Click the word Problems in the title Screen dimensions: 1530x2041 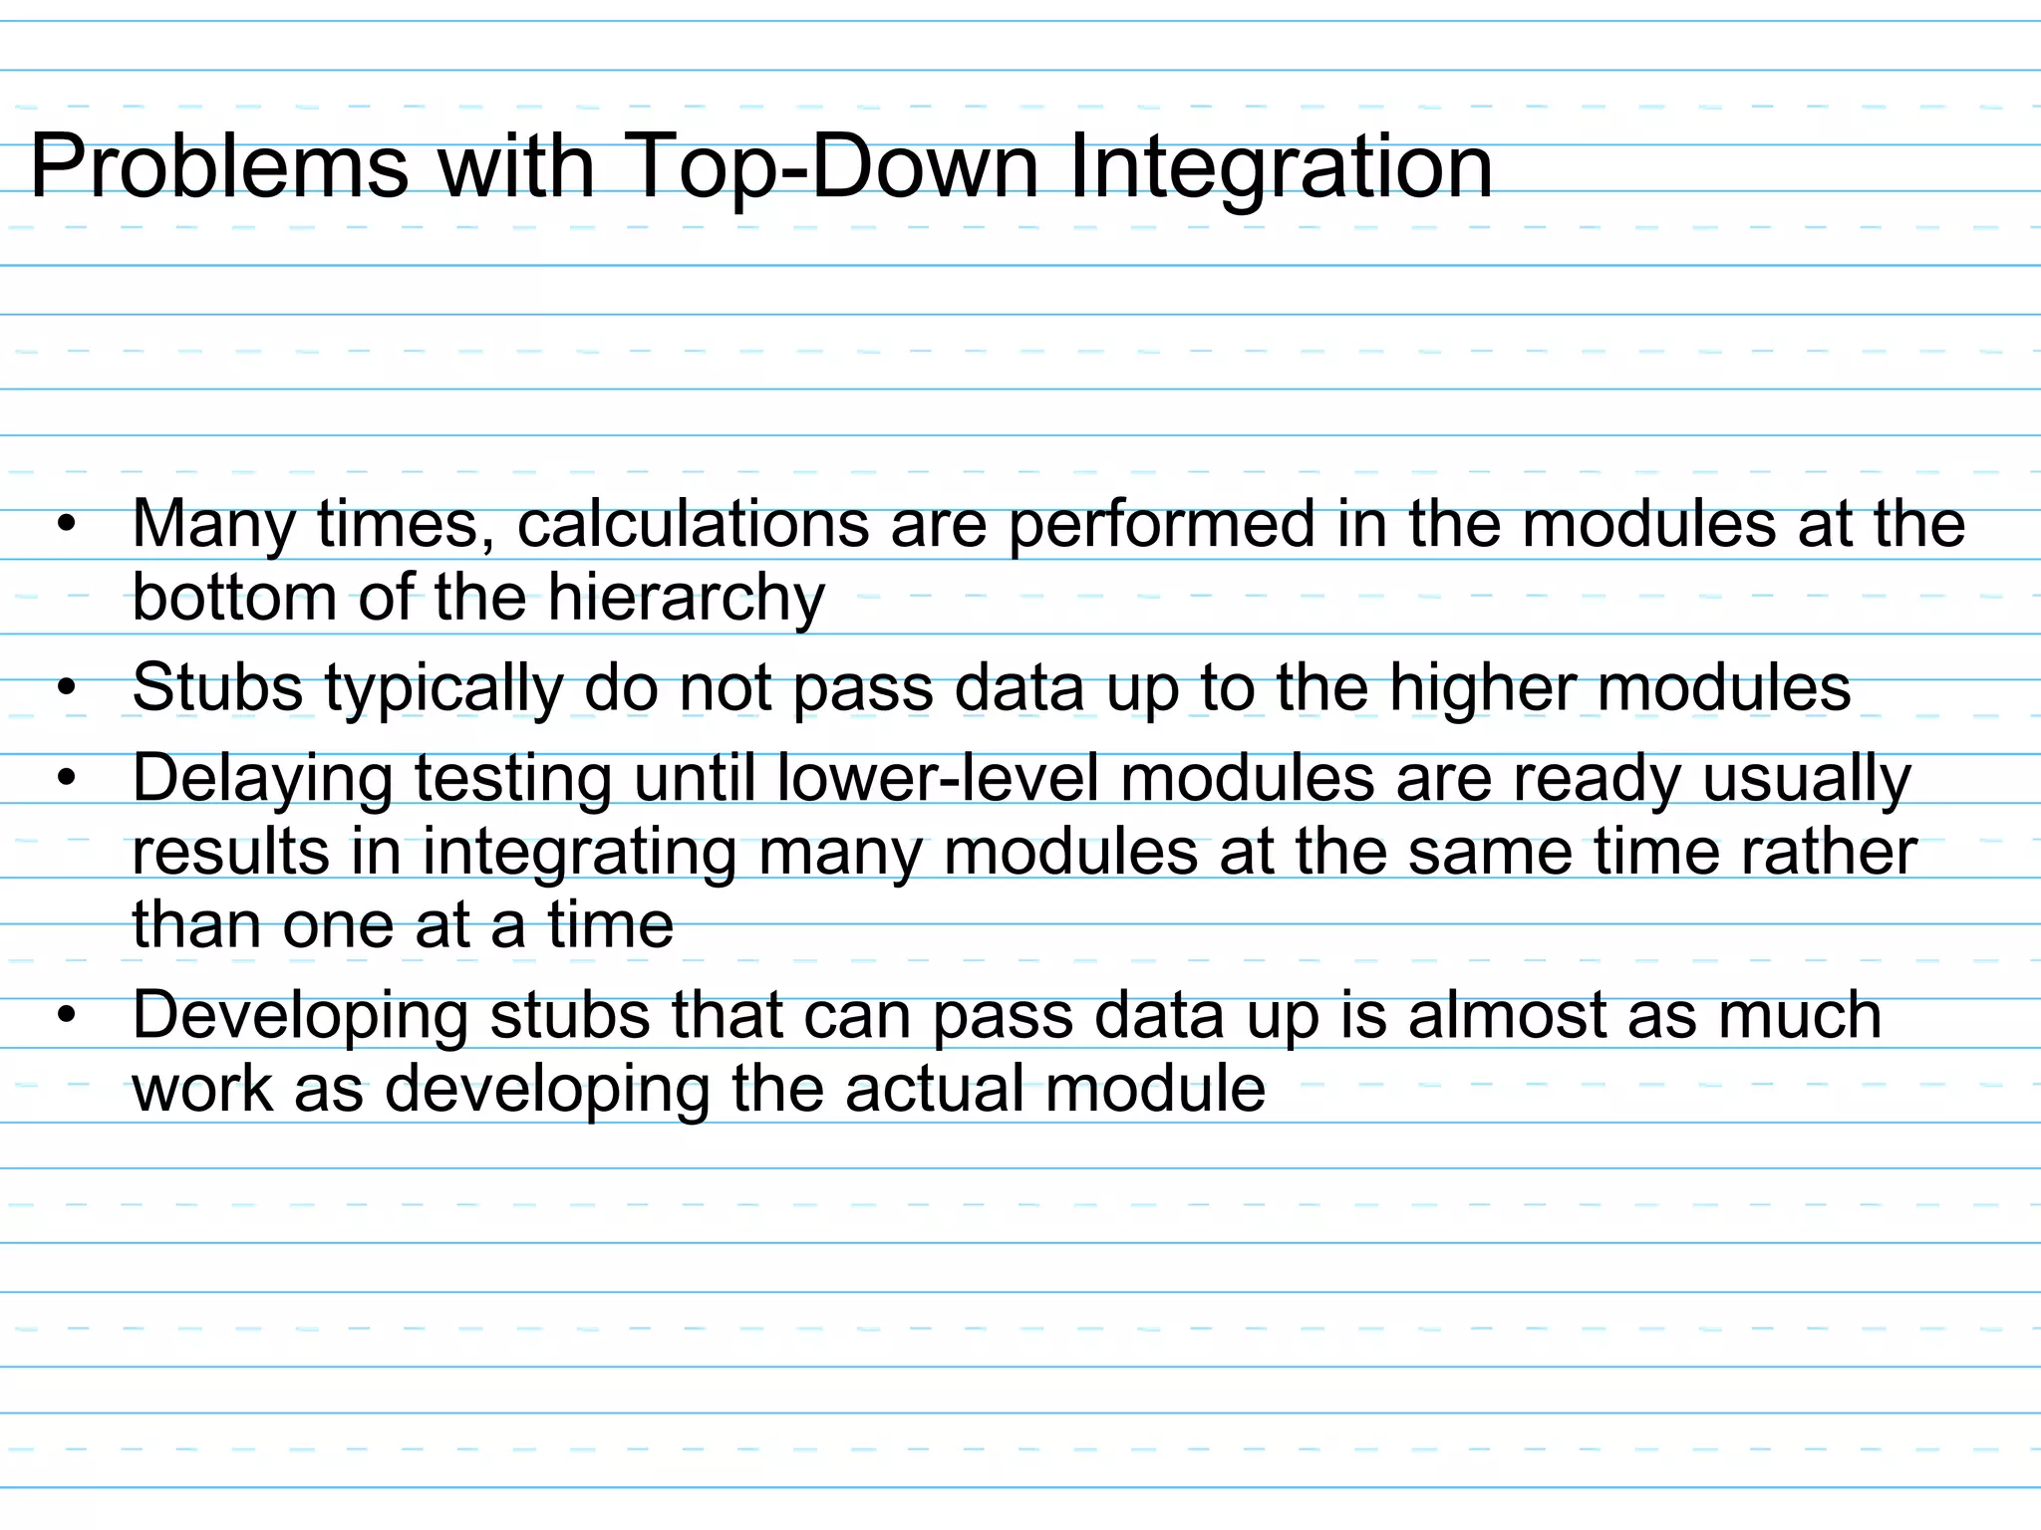pos(219,167)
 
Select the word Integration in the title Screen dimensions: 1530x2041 pos(1280,167)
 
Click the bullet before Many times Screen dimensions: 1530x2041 pos(67,524)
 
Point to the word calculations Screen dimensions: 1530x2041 pos(693,524)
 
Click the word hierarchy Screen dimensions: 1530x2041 pos(686,599)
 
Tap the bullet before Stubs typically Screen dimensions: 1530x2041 pos(67,688)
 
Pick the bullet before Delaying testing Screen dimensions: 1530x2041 pos(67,778)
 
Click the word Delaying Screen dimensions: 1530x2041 pos(262,778)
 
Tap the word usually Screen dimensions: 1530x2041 pos(1806,778)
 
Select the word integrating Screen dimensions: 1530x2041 pos(578,853)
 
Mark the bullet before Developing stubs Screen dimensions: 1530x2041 pos(67,1015)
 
